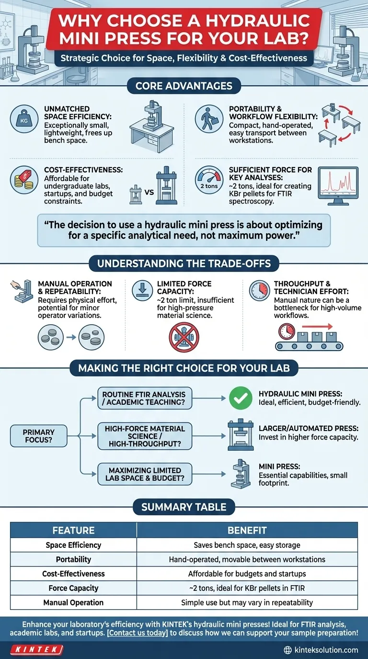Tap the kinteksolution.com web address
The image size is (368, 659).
click(321, 650)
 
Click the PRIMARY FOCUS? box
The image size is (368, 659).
click(38, 436)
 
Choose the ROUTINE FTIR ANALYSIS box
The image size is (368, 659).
click(144, 399)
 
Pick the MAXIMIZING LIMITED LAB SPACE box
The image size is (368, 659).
click(144, 475)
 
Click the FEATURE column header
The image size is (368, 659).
click(73, 530)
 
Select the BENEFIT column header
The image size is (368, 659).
click(247, 530)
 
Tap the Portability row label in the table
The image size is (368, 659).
click(73, 559)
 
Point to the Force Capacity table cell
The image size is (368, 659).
click(73, 588)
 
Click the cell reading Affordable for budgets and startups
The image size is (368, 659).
click(247, 574)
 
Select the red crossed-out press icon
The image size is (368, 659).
click(184, 337)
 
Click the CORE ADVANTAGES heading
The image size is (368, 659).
click(184, 86)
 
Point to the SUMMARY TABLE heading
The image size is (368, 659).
click(184, 507)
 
